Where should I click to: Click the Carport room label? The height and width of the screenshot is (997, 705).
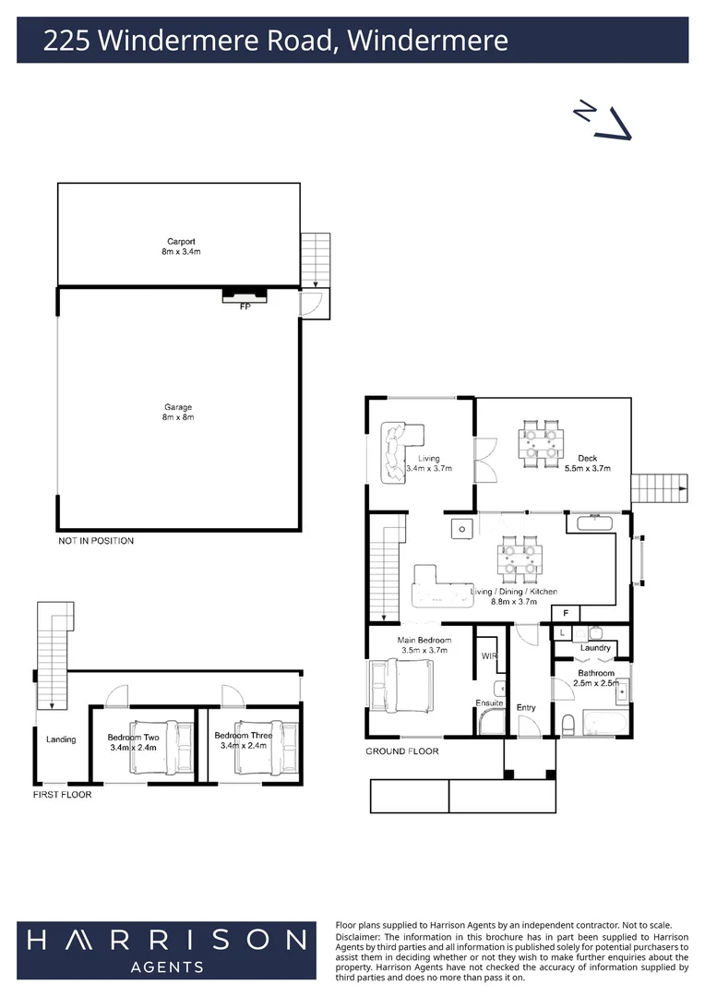click(181, 242)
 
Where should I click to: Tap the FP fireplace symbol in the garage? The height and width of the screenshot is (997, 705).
click(245, 296)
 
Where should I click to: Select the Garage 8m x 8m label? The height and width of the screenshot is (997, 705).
click(178, 412)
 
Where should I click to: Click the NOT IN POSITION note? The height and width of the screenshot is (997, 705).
click(96, 540)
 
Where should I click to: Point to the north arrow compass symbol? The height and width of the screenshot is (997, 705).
click(603, 122)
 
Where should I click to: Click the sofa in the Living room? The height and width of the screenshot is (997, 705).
click(398, 452)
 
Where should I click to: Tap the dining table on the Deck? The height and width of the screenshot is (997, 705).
click(541, 444)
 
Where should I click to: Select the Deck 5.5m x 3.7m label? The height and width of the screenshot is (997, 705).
click(588, 462)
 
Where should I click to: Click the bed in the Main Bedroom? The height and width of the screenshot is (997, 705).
click(401, 685)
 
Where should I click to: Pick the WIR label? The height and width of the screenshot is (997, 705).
click(489, 655)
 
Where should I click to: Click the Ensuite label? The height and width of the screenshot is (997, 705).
click(489, 703)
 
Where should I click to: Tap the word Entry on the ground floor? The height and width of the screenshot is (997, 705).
click(526, 707)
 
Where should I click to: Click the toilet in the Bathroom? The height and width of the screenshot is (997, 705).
click(568, 724)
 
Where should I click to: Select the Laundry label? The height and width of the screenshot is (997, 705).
click(595, 648)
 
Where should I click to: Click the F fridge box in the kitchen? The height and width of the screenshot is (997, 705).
click(566, 614)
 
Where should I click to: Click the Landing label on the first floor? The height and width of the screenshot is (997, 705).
click(61, 739)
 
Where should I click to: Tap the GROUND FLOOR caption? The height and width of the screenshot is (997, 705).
click(401, 751)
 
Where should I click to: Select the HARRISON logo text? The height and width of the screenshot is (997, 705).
click(166, 940)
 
